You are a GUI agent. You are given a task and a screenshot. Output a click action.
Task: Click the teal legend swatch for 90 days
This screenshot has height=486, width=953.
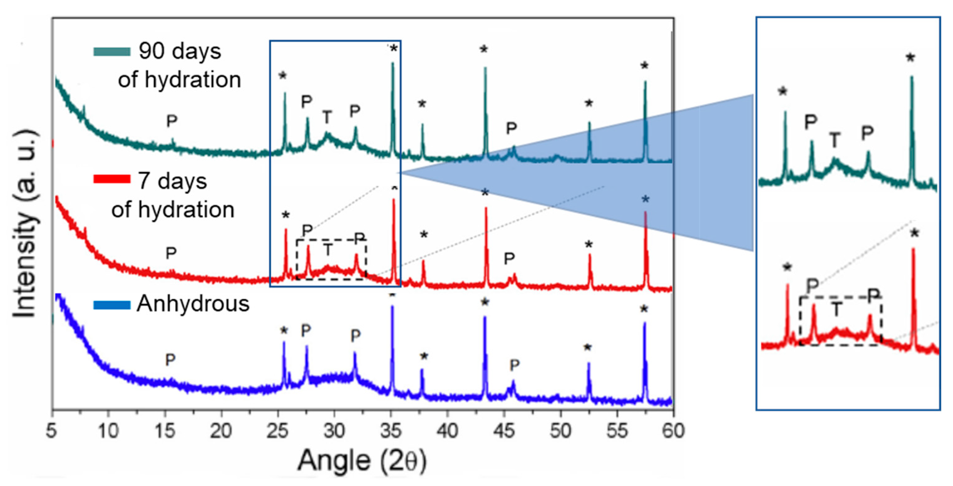112,51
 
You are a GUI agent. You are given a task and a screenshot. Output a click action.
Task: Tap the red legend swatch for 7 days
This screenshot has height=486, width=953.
112,179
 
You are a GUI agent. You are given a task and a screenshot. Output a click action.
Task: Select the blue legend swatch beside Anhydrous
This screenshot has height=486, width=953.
112,305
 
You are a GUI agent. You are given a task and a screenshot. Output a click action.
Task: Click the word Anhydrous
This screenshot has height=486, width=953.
193,304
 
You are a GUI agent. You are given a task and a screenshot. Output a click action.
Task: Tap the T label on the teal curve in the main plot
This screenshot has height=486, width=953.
327,117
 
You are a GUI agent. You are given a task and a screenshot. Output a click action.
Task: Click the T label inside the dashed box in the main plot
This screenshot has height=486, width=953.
328,250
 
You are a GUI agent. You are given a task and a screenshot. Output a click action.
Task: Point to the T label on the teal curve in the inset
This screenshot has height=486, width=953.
835,140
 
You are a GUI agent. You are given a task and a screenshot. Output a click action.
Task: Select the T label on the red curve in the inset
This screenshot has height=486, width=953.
836,309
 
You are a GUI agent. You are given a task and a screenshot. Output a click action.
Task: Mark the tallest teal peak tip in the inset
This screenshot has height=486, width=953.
912,77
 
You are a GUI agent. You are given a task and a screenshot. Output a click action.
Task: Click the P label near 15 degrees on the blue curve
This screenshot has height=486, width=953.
170,360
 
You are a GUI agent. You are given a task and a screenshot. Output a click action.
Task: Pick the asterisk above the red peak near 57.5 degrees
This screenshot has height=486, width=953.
645,200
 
